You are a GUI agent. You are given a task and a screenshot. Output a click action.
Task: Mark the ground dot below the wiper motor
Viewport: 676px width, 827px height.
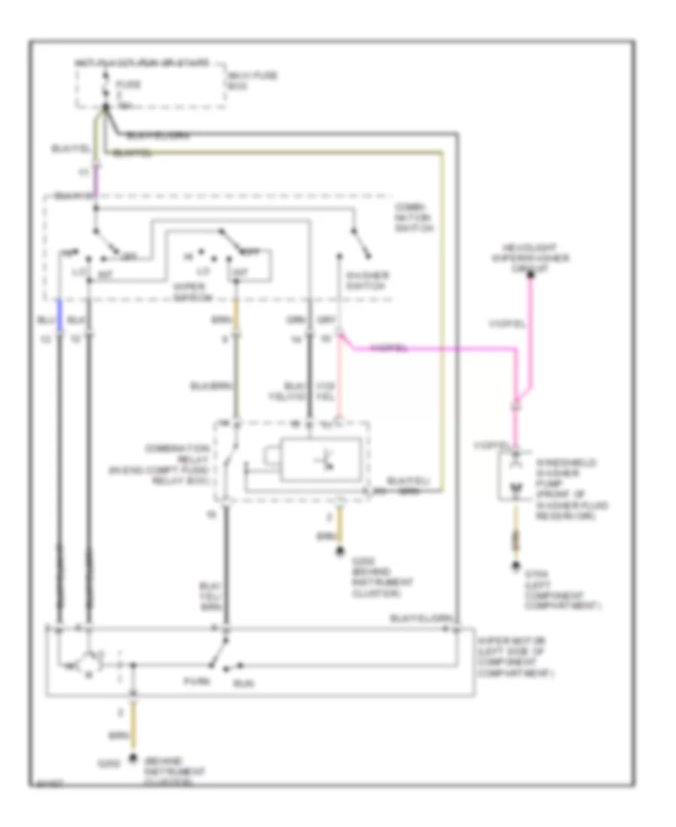tap(134, 757)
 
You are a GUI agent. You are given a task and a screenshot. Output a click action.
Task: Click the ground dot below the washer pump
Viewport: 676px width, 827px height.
tap(515, 567)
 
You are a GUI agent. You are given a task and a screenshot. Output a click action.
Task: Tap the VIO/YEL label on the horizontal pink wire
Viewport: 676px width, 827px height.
tap(389, 349)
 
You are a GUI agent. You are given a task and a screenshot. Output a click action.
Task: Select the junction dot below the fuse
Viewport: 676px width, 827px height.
tap(106, 108)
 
